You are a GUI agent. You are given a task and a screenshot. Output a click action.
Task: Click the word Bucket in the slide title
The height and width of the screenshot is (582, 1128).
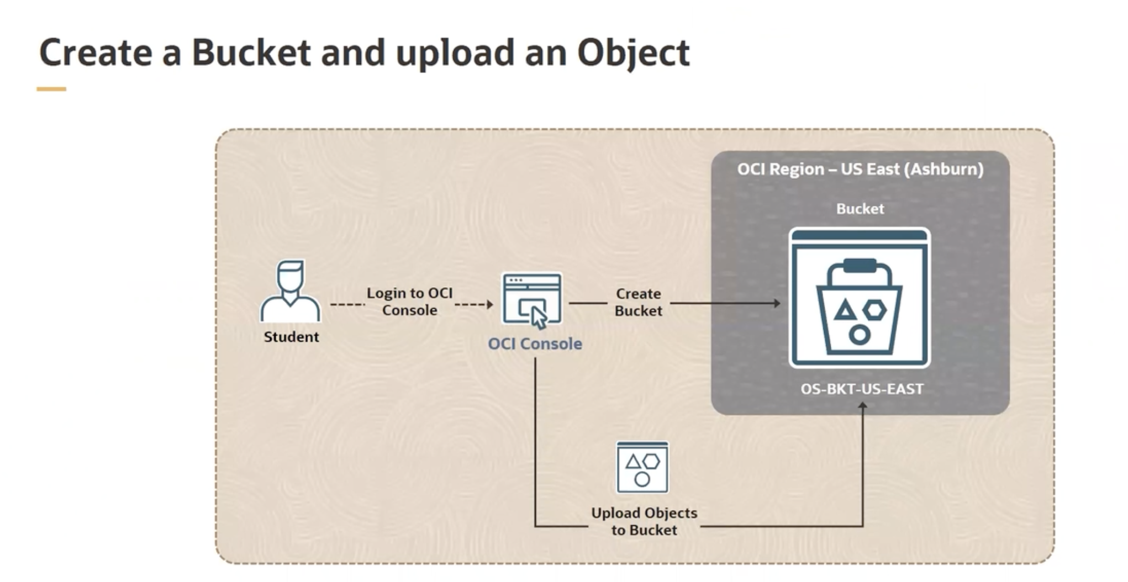pos(251,53)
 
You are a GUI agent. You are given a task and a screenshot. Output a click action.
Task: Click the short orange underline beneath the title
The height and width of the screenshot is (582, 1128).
pos(51,89)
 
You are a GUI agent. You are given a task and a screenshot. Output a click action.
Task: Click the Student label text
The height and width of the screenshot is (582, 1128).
pos(291,337)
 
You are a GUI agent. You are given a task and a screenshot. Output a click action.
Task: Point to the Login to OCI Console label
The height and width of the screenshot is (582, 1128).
pos(409,301)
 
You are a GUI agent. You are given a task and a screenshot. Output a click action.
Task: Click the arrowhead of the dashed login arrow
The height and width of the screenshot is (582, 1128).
pos(489,304)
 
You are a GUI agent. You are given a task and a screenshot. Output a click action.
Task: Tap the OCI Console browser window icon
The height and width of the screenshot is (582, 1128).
pos(531,298)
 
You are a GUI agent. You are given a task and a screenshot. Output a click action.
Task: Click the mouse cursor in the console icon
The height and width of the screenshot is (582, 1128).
pos(539,318)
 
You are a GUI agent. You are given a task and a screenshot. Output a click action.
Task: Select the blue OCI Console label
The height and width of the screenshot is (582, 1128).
pos(535,344)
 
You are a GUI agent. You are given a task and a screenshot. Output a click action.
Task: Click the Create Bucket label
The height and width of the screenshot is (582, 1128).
pos(638,302)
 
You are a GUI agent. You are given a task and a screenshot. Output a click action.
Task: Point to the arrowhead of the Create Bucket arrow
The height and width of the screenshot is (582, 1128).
pos(777,303)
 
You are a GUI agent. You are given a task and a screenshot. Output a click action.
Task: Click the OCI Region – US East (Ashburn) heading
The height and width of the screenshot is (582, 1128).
pos(860,169)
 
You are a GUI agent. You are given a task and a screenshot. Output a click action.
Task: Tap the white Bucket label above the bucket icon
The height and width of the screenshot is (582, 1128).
pos(860,209)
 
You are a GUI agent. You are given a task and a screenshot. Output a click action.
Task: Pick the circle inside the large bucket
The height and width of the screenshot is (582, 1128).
pos(860,334)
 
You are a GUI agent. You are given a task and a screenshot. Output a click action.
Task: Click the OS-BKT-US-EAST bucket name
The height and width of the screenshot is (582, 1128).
pos(862,389)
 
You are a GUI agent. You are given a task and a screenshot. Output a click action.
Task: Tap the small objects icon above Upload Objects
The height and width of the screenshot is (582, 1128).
pos(642,468)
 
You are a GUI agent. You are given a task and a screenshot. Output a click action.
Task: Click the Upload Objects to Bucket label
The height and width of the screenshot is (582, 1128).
pos(644,521)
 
